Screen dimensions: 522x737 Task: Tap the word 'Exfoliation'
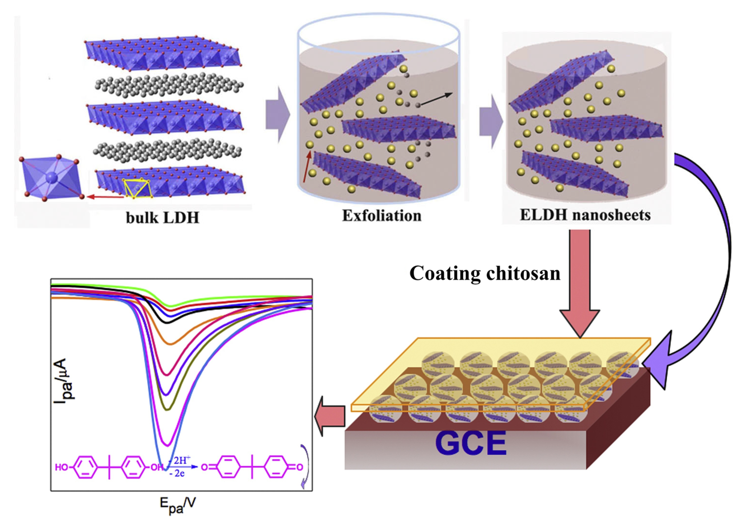coord(382,216)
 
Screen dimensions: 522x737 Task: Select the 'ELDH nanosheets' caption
coord(585,215)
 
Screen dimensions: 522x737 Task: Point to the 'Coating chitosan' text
coord(485,273)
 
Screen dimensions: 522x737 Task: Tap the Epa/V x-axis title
coord(177,505)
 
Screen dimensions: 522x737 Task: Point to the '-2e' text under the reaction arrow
coord(177,473)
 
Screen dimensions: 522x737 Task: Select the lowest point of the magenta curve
coord(167,445)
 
